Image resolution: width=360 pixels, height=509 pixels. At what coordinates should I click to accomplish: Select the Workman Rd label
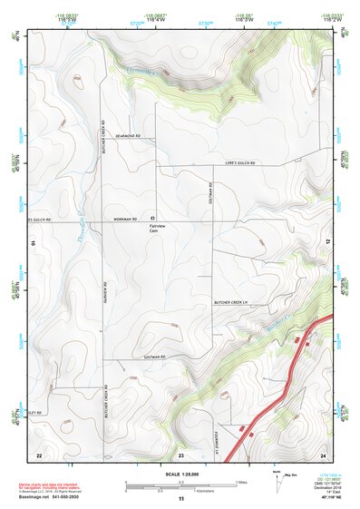pyautogui.click(x=124, y=219)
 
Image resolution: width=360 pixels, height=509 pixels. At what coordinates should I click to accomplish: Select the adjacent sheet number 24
pyautogui.click(x=322, y=454)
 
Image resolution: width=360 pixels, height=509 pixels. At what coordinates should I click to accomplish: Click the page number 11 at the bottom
pyautogui.click(x=180, y=499)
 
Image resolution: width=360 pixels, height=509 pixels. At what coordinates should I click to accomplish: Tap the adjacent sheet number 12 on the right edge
pyautogui.click(x=327, y=241)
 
